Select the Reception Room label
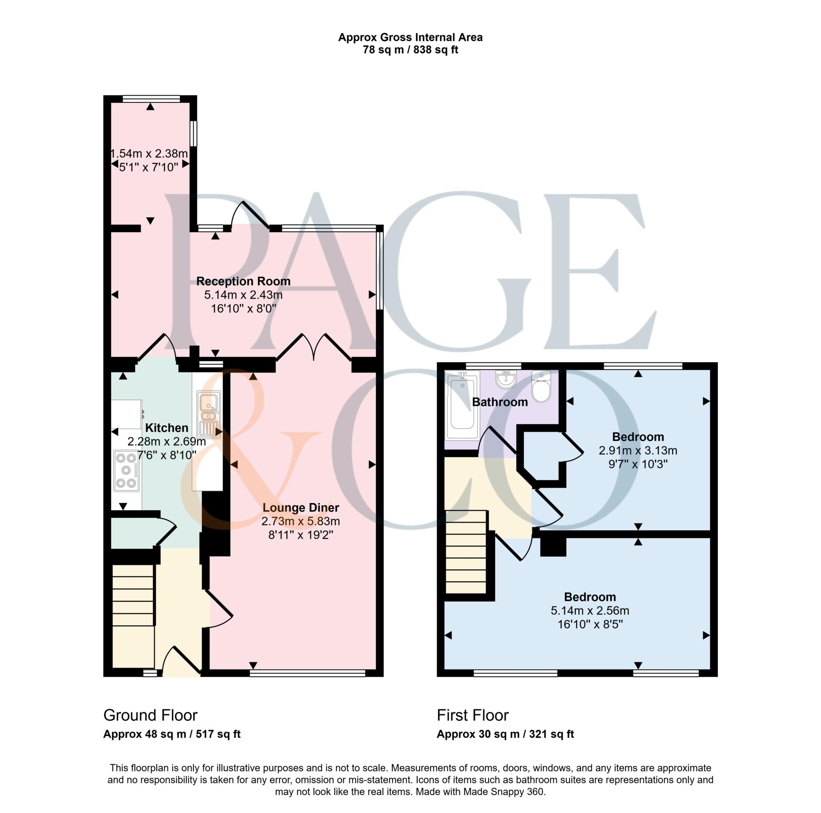[243, 281]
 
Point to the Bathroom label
[500, 402]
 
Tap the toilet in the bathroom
[541, 386]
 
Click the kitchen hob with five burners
[127, 471]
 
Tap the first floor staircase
[466, 552]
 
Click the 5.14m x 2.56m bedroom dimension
[590, 610]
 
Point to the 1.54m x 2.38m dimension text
[149, 153]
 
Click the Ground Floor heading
[150, 715]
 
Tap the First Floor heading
[473, 715]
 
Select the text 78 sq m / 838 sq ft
[410, 50]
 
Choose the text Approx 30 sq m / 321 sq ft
[505, 734]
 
